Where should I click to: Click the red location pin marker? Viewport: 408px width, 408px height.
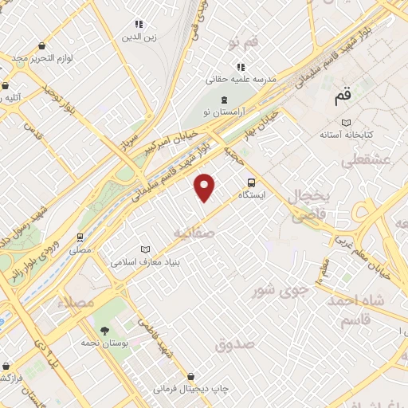click(x=205, y=186)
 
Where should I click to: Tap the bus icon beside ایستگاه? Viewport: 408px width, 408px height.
click(x=252, y=181)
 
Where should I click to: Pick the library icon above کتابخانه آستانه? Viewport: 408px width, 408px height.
click(x=345, y=122)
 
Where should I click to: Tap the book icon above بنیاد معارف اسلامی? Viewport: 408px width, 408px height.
click(x=145, y=249)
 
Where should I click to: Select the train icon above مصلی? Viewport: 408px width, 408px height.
click(x=80, y=237)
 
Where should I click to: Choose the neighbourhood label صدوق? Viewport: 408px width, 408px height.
click(x=233, y=344)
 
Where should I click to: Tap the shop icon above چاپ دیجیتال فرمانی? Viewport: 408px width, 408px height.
click(x=190, y=376)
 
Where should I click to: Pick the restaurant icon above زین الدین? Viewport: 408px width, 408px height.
click(x=139, y=25)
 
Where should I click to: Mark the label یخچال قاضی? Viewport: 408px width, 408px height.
click(x=304, y=205)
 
